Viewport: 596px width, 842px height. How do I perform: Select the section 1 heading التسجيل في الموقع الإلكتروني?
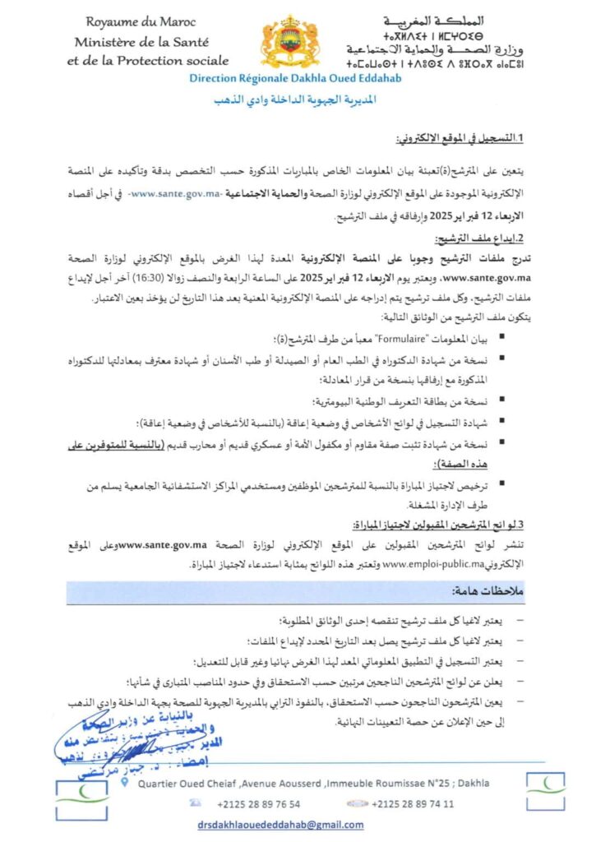pos(465,141)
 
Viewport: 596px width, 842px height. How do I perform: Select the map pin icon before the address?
pos(123,784)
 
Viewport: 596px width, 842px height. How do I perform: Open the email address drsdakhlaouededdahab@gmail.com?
pos(280,825)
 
